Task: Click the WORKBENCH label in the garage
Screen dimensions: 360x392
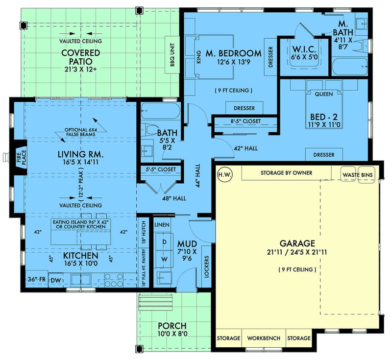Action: tap(264, 338)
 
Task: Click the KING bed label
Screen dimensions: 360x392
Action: tap(199, 59)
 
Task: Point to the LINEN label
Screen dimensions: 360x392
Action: tap(162, 224)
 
